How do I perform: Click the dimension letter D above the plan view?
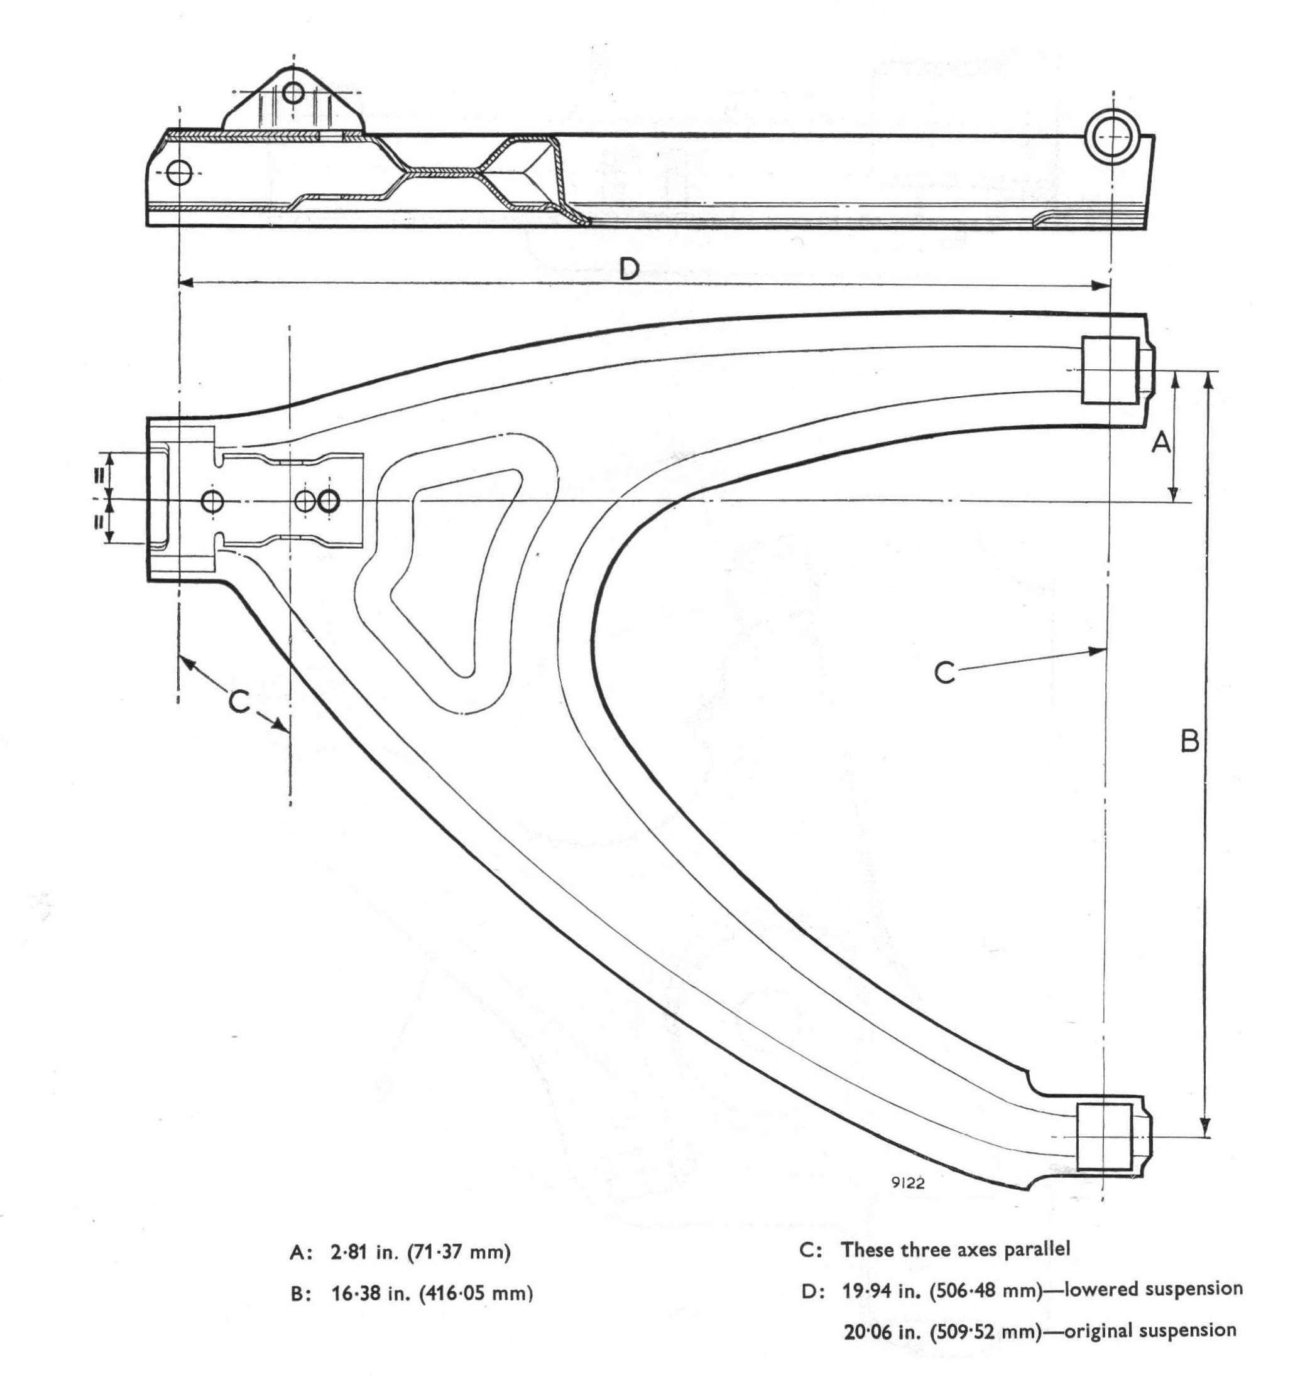[628, 269]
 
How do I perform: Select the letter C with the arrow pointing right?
[945, 672]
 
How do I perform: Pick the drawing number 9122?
[908, 1183]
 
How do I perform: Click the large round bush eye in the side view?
[1110, 136]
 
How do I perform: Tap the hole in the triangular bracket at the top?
[293, 92]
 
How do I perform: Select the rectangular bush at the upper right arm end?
[1110, 370]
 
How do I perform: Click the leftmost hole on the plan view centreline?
[212, 501]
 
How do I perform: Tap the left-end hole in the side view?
[180, 172]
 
